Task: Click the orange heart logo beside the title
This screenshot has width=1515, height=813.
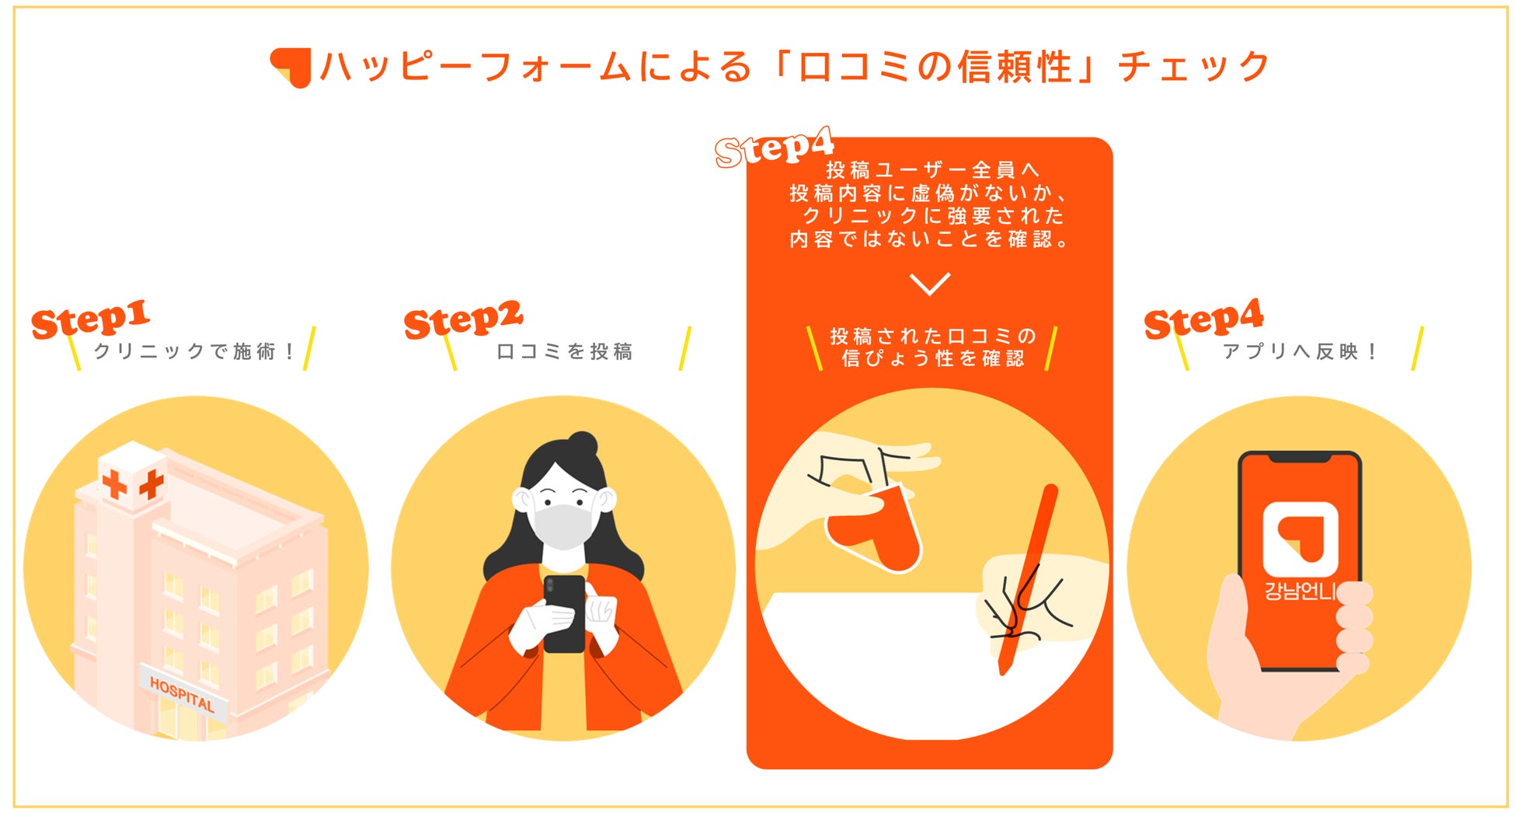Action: tap(291, 67)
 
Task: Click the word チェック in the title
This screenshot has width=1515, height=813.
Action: tap(1193, 67)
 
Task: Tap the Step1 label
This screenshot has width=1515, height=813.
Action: tap(90, 319)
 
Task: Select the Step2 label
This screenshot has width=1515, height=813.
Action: tap(463, 319)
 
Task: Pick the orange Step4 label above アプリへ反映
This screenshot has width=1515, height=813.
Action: tap(1203, 319)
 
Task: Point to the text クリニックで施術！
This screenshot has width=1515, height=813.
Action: tap(194, 351)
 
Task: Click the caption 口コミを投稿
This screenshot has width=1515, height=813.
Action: tap(565, 351)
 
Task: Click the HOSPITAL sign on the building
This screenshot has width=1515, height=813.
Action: tap(182, 693)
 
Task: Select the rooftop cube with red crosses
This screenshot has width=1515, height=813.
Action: tap(132, 476)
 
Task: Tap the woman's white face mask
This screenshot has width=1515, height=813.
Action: tap(563, 525)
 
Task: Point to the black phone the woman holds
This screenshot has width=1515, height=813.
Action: tap(564, 614)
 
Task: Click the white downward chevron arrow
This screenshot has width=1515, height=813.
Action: tap(930, 284)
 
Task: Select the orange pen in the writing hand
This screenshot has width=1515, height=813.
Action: tap(1026, 579)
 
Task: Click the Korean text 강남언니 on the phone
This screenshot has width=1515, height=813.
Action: tap(1300, 591)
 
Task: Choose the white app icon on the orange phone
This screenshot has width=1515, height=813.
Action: tap(1300, 539)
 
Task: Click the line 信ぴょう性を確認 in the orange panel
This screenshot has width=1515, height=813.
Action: tap(932, 358)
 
